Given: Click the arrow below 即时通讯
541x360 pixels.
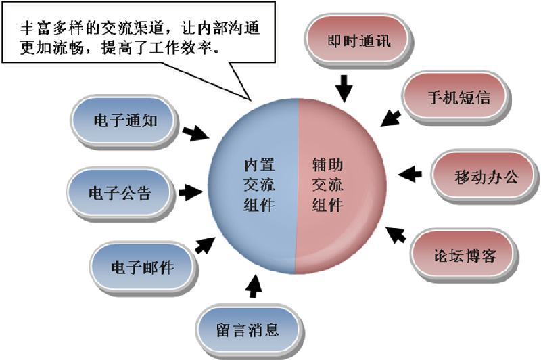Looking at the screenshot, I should tap(345, 87).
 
